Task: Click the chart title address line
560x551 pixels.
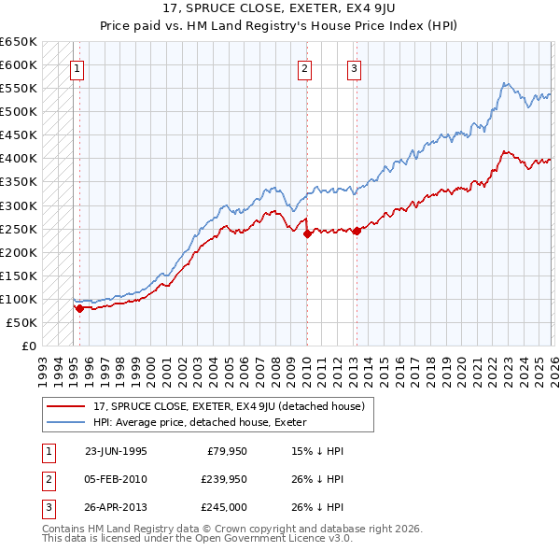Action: click(x=279, y=9)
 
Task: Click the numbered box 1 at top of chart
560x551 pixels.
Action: click(x=76, y=67)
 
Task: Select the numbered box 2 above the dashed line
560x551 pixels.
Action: click(x=305, y=67)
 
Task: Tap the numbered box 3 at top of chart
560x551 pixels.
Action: click(x=355, y=67)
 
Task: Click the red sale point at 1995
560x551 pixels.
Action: click(x=79, y=307)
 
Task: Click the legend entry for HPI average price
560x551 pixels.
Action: click(x=205, y=422)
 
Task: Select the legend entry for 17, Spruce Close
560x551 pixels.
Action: click(x=233, y=406)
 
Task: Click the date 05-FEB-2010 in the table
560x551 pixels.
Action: click(x=116, y=479)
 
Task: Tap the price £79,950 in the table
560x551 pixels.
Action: click(x=227, y=451)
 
